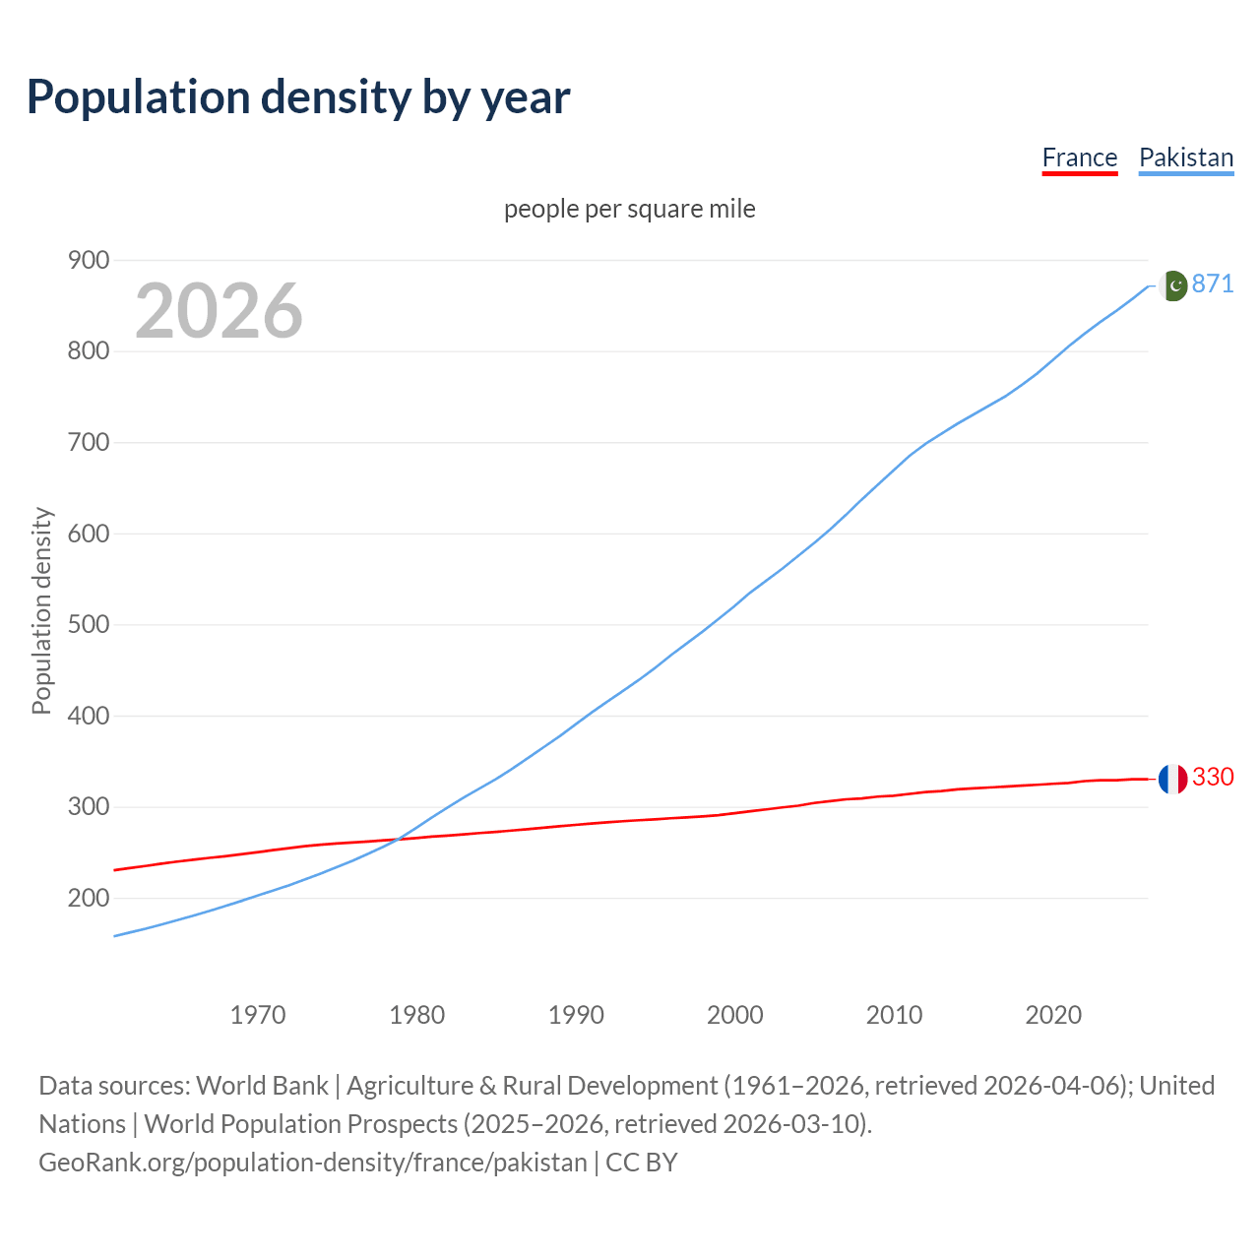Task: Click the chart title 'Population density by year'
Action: click(298, 97)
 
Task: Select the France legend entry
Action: click(1079, 157)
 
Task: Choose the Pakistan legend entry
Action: click(1185, 157)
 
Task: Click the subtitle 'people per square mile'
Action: click(629, 210)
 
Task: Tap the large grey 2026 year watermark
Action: click(219, 311)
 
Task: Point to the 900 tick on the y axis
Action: click(89, 260)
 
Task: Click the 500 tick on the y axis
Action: click(89, 625)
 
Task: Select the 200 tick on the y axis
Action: click(89, 898)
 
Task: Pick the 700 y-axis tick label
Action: click(89, 442)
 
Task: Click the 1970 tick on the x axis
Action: click(258, 1015)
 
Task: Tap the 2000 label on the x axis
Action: click(734, 1015)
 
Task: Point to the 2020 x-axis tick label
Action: click(1053, 1015)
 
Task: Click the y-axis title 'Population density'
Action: click(41, 610)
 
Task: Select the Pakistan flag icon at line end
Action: click(1172, 285)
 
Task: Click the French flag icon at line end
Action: click(1172, 779)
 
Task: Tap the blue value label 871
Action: click(1213, 284)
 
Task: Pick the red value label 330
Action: click(1213, 778)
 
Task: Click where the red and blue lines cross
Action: click(397, 839)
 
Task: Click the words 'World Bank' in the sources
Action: click(262, 1086)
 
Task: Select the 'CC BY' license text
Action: click(642, 1163)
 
